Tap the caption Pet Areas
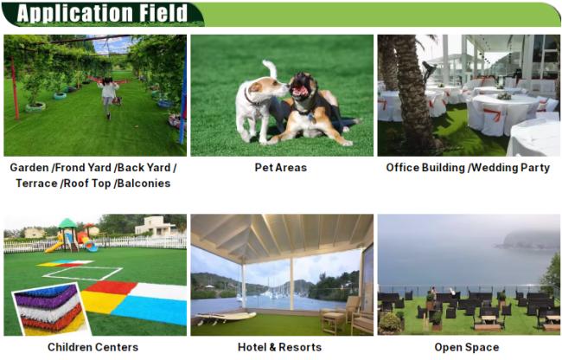[x=281, y=167]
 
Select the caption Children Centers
[x=93, y=347]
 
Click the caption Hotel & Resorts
[x=279, y=347]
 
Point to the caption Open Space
[x=467, y=347]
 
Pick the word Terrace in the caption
[x=36, y=183]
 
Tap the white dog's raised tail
[x=271, y=68]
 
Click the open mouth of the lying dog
[x=300, y=92]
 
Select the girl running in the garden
[x=109, y=97]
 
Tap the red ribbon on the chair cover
[x=494, y=114]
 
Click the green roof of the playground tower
[x=67, y=223]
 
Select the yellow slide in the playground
[x=54, y=247]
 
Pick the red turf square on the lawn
[x=112, y=287]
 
